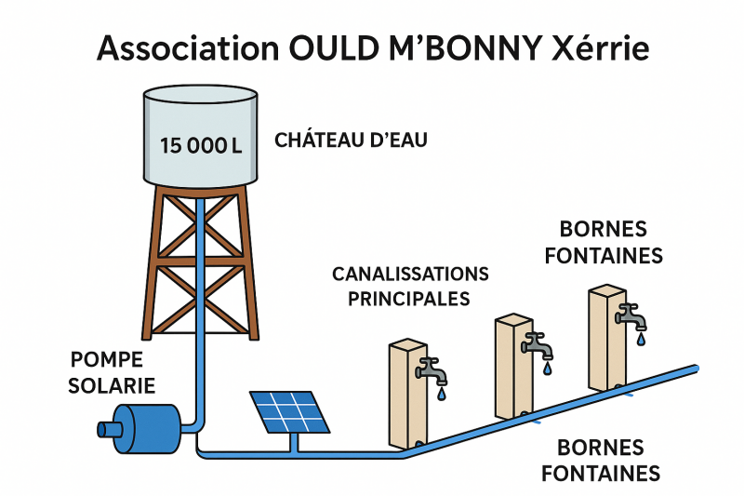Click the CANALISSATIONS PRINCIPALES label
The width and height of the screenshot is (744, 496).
pyautogui.click(x=410, y=286)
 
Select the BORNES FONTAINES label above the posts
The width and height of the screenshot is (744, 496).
pyautogui.click(x=604, y=242)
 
